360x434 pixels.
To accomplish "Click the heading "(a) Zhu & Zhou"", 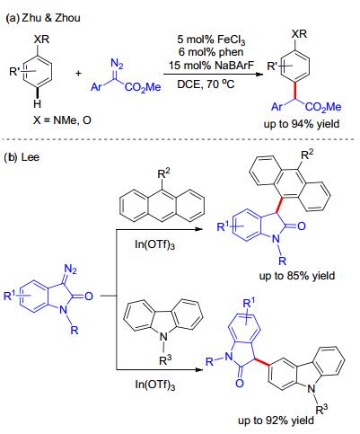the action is pos(43,18).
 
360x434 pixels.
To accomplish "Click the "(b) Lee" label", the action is pos(22,157).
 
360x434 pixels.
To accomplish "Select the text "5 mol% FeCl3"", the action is pos(211,40).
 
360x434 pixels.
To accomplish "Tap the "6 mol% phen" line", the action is pos(211,52).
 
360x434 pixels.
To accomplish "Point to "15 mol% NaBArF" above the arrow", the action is pos(211,65).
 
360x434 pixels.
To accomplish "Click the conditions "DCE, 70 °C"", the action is pos(206,84).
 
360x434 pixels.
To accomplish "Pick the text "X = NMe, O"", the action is pos(62,120).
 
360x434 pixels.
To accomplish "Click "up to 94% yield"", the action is pos(302,123).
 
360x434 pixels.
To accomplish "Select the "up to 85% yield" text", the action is pos(297,275).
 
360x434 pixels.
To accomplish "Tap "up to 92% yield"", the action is pos(276,421).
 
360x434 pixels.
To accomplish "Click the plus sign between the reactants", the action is pos(78,73).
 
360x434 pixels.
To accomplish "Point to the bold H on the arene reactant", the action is pos(37,104).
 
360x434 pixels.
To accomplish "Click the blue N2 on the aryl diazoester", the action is pos(117,64).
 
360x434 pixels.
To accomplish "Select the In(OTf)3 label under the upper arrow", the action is pos(155,244).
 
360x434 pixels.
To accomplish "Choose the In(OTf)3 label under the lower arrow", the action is pos(155,384).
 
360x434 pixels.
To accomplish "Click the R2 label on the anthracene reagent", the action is pos(163,173).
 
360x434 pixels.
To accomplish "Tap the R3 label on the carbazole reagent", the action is pos(165,359).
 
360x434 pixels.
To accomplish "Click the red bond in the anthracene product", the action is pos(279,205).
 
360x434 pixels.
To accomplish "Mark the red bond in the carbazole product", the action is pos(261,361).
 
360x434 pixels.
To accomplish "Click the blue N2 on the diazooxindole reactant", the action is pos(71,269).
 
